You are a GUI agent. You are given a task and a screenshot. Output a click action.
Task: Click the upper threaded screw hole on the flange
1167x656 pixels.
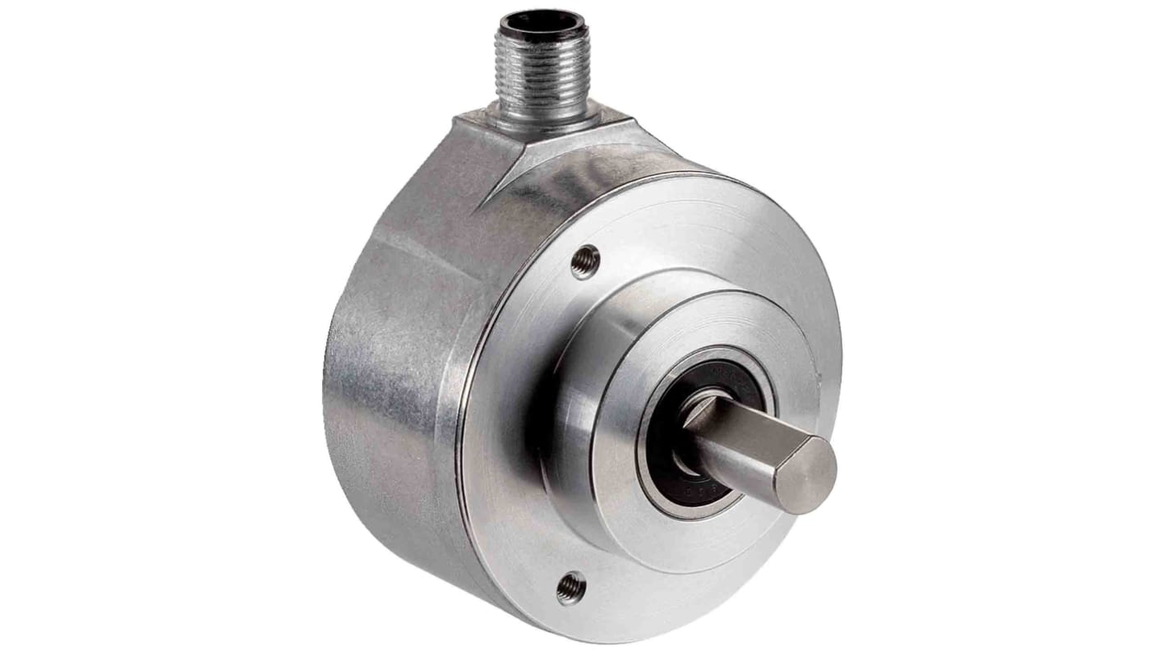tap(585, 262)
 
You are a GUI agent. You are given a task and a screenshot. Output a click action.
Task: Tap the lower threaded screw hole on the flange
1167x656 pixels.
tap(570, 588)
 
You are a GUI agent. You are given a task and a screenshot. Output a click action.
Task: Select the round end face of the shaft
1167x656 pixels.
tap(805, 474)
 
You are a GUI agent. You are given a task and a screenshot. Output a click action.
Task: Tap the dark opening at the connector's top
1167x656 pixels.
tap(533, 18)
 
